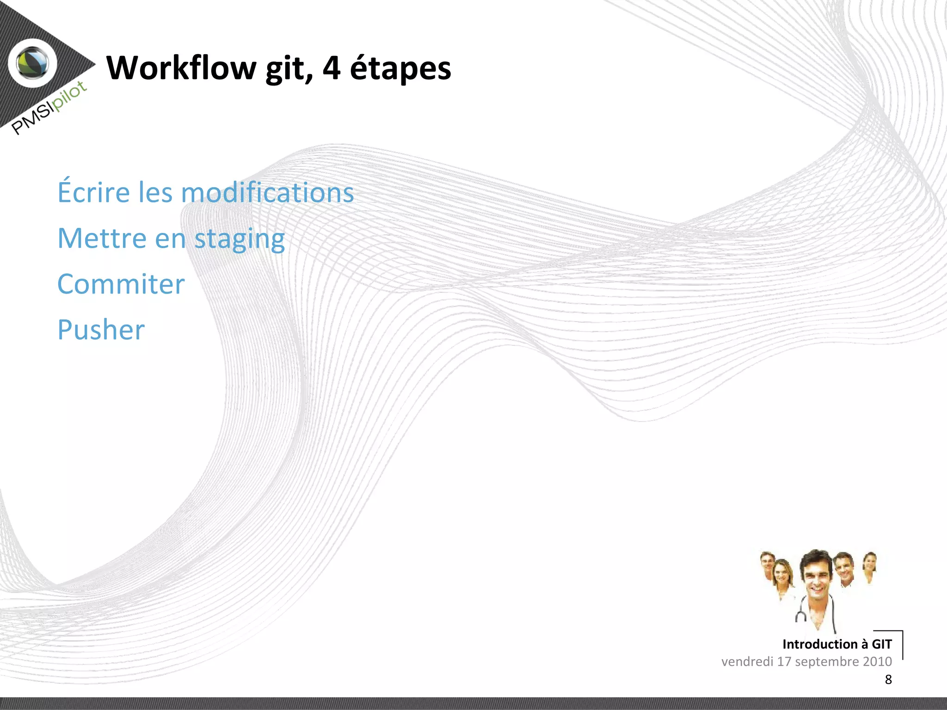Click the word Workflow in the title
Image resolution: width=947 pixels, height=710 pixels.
[181, 68]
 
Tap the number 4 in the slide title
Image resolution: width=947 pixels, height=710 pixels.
[331, 68]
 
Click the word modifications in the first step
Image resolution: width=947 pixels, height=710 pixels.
[267, 192]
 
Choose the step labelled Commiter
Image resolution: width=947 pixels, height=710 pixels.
[121, 284]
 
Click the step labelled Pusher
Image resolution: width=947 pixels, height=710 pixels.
[101, 330]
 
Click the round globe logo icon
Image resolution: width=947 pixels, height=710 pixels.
[33, 63]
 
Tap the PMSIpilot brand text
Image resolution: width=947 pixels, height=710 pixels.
[49, 108]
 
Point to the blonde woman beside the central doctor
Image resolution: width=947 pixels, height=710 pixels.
[782, 575]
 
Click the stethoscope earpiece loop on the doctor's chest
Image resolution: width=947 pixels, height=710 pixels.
[801, 616]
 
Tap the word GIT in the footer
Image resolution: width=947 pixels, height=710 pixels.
[881, 644]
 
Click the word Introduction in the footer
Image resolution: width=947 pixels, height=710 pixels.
[820, 644]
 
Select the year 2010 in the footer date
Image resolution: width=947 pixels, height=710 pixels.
[877, 661]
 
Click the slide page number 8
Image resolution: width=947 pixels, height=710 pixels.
[888, 679]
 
